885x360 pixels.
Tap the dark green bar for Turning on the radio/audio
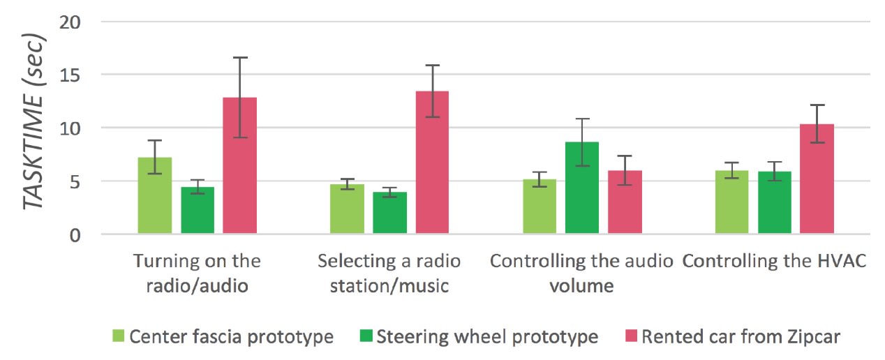(x=198, y=210)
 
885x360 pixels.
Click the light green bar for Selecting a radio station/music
(x=347, y=209)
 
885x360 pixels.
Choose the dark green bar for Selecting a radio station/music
(x=389, y=213)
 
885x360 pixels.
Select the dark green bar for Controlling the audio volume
(x=582, y=188)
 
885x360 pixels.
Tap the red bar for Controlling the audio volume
(x=625, y=202)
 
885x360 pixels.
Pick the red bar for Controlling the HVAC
(x=817, y=179)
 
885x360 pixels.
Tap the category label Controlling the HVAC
(x=774, y=262)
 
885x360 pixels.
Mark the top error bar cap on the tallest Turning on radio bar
(x=240, y=58)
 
